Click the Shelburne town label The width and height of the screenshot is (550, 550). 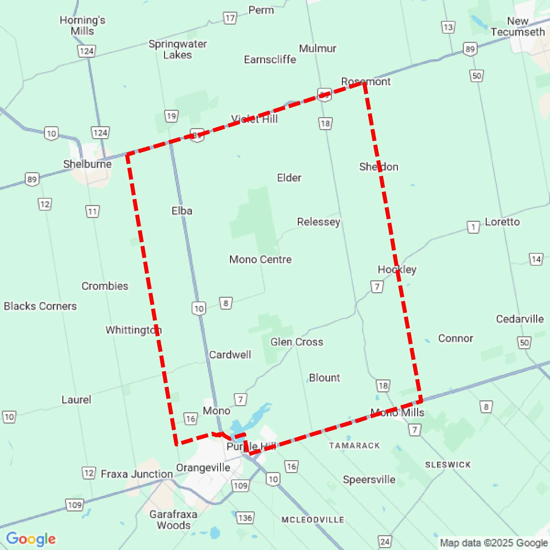(x=87, y=164)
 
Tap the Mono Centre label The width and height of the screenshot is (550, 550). (x=260, y=259)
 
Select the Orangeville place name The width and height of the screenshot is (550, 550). (x=203, y=467)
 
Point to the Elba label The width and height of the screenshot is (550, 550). (x=182, y=211)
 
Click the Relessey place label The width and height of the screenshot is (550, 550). (x=318, y=222)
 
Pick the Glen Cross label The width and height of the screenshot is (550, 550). (x=297, y=342)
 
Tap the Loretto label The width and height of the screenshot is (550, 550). (x=502, y=222)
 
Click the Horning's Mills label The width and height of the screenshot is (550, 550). (x=82, y=25)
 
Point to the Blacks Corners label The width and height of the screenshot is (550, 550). (x=40, y=306)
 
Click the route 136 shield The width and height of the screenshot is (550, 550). (x=245, y=518)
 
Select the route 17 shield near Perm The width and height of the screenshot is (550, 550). (x=230, y=19)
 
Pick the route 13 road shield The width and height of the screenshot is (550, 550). (x=448, y=27)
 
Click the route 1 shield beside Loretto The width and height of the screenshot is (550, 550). (x=473, y=227)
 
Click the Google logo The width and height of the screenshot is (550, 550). (x=31, y=539)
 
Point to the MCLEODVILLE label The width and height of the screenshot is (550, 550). (x=313, y=520)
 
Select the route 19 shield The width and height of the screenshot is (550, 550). (x=171, y=116)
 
